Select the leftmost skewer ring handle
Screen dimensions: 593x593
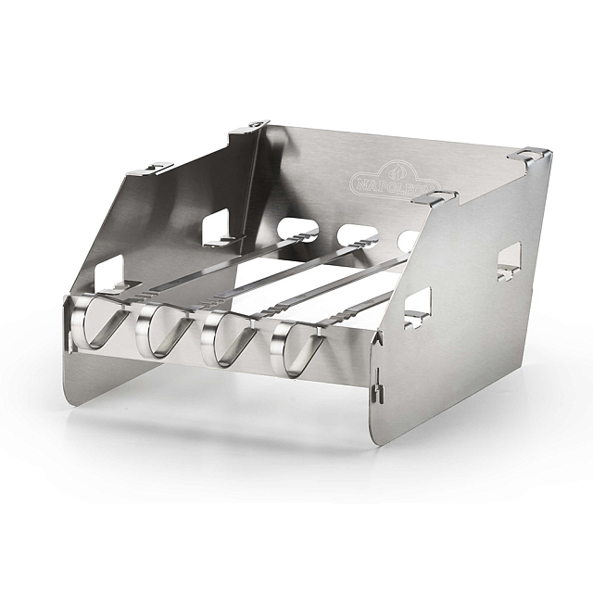click(x=100, y=322)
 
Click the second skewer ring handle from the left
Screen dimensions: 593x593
click(x=164, y=331)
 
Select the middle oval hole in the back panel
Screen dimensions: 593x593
click(x=358, y=235)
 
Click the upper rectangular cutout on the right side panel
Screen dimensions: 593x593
click(x=509, y=261)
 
